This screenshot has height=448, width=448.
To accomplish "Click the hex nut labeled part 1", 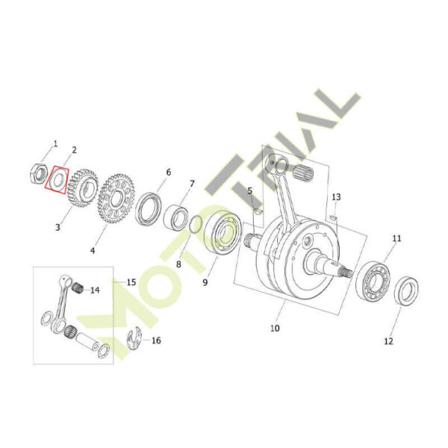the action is point(39,173).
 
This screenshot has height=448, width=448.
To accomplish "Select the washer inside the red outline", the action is point(57,180).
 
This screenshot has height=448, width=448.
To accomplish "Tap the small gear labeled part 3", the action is point(83,188).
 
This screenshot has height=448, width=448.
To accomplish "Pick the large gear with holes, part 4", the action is point(116,199).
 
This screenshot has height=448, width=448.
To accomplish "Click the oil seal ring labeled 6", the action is point(149,209).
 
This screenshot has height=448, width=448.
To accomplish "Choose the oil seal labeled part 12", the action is point(407,291).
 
